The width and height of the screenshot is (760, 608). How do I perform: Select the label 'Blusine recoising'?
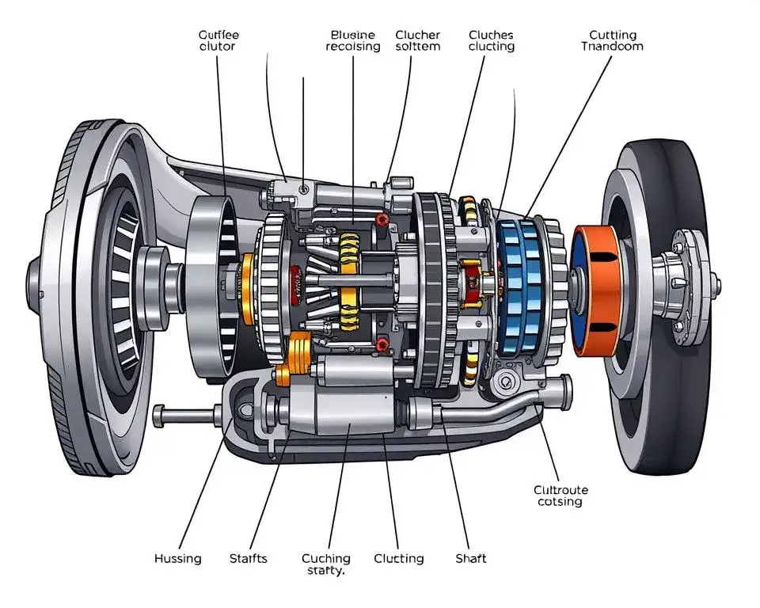click(353, 40)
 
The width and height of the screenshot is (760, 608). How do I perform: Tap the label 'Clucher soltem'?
click(418, 40)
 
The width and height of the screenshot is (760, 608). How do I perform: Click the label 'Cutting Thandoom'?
click(612, 40)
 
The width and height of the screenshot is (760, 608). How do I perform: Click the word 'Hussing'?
click(177, 559)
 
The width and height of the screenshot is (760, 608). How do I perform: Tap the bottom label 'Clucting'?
click(399, 559)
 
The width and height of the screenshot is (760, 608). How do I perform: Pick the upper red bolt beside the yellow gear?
click(383, 219)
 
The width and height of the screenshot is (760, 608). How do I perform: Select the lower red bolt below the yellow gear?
click(383, 344)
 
